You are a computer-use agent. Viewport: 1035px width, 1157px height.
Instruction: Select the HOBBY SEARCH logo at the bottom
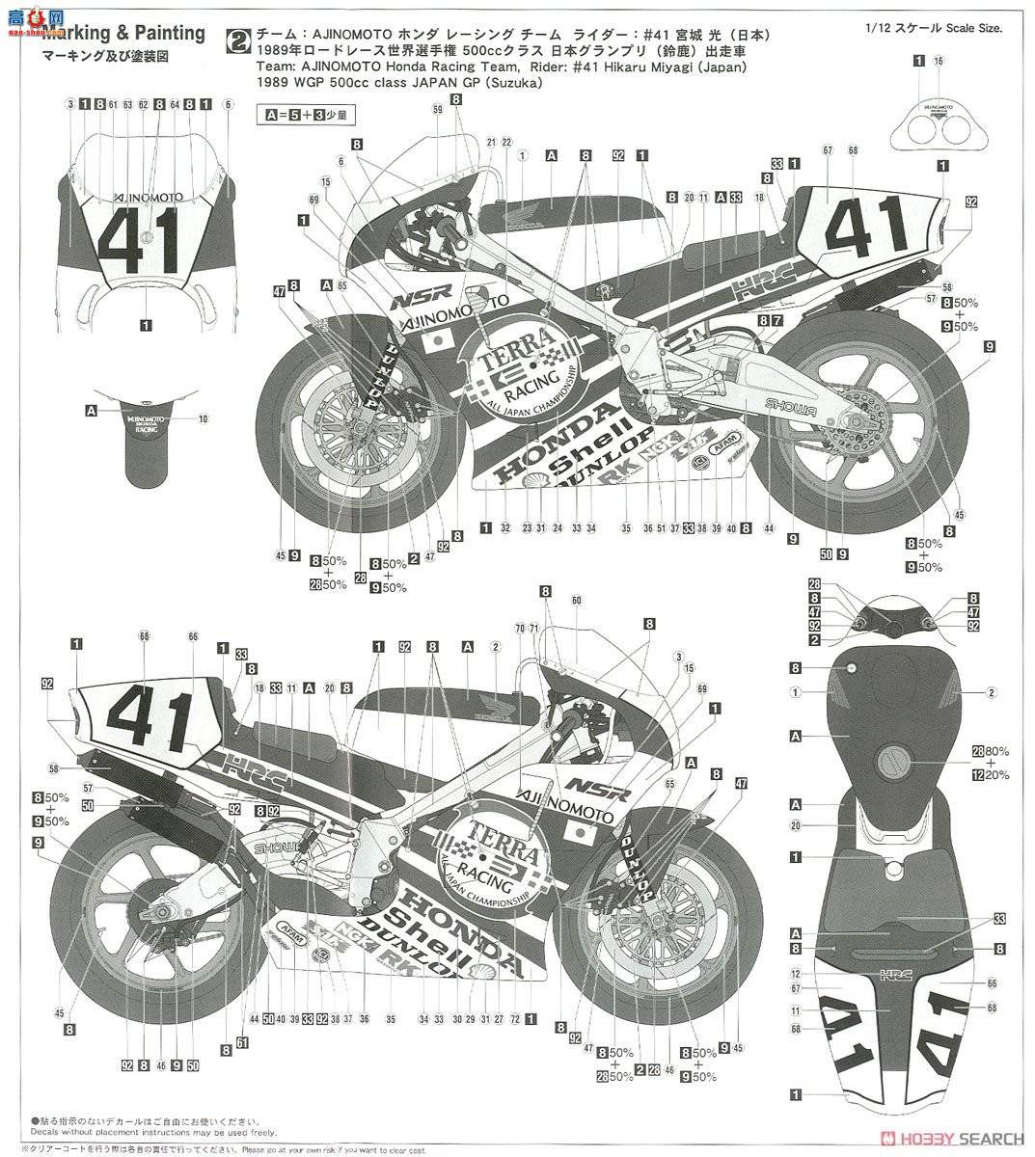[954, 1138]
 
